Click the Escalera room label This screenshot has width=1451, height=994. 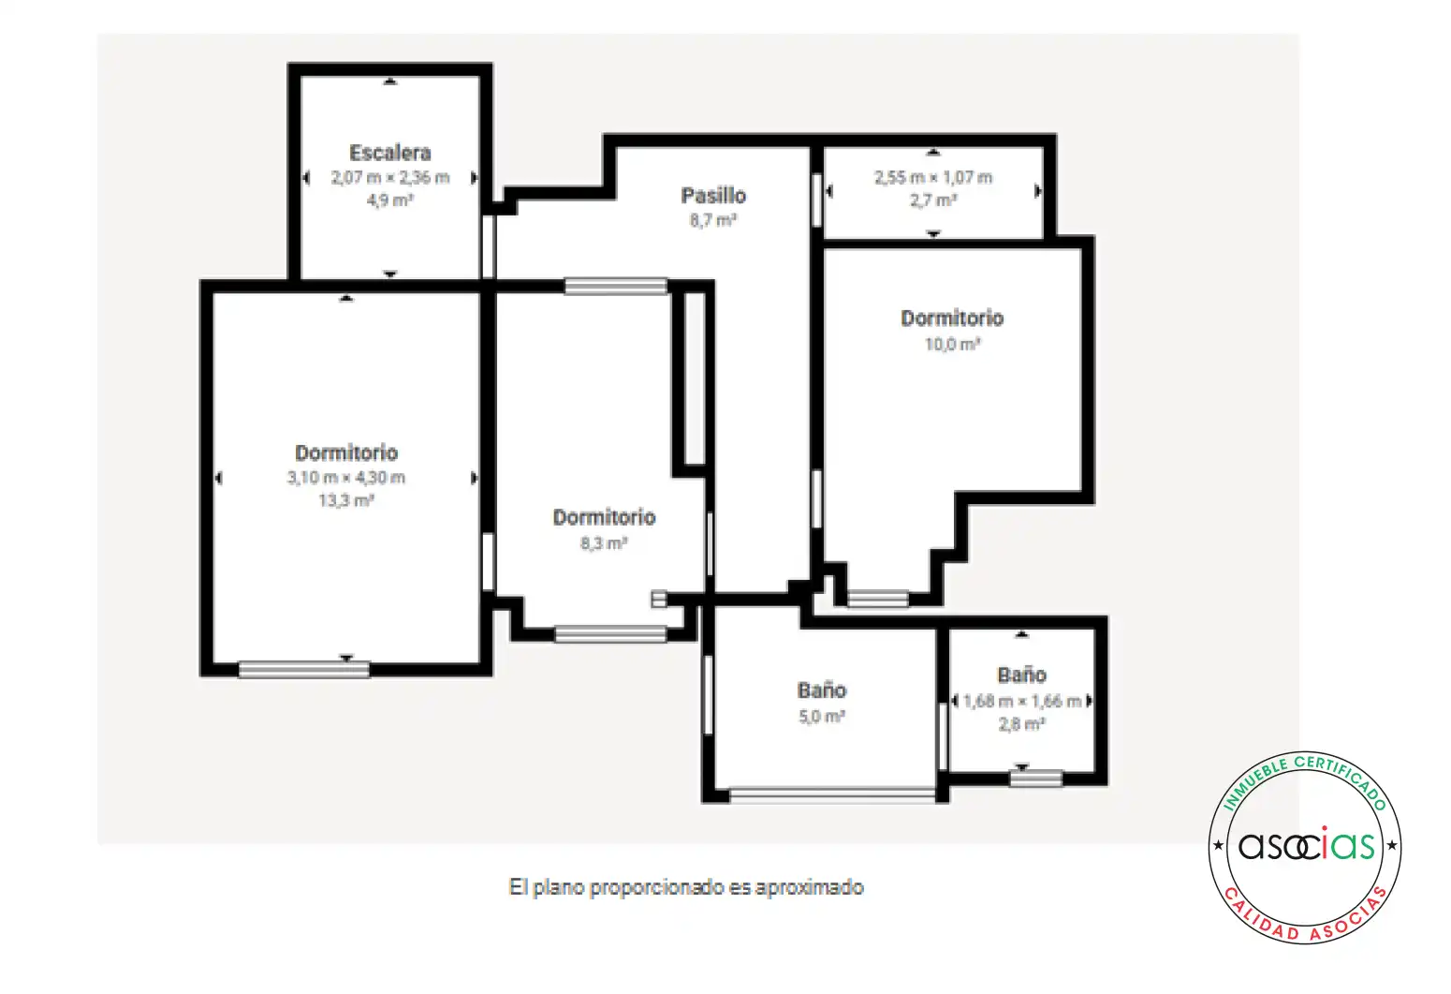[x=390, y=153]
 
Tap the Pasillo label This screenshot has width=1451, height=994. [x=713, y=195]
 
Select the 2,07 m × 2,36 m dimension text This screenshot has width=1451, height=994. [x=390, y=177]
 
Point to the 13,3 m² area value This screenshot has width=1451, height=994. [x=346, y=500]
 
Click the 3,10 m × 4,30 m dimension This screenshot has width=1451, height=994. [x=346, y=478]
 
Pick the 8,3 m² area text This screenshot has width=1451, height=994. [x=604, y=542]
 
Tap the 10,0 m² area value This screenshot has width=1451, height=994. [x=952, y=344]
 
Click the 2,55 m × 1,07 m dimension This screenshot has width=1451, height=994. [x=933, y=177]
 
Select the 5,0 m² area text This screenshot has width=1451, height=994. [x=822, y=716]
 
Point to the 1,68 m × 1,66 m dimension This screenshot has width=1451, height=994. [x=1022, y=701]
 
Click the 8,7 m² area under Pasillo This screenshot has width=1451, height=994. [x=713, y=220]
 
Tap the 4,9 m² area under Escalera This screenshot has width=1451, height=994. [x=390, y=200]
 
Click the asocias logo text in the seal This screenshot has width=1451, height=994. [x=1306, y=846]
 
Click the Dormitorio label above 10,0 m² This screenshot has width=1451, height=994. [x=952, y=319]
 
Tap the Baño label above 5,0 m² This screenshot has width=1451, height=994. [x=822, y=690]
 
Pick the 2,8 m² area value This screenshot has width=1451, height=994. [x=1022, y=723]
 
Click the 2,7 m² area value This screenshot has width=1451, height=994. [x=933, y=200]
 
